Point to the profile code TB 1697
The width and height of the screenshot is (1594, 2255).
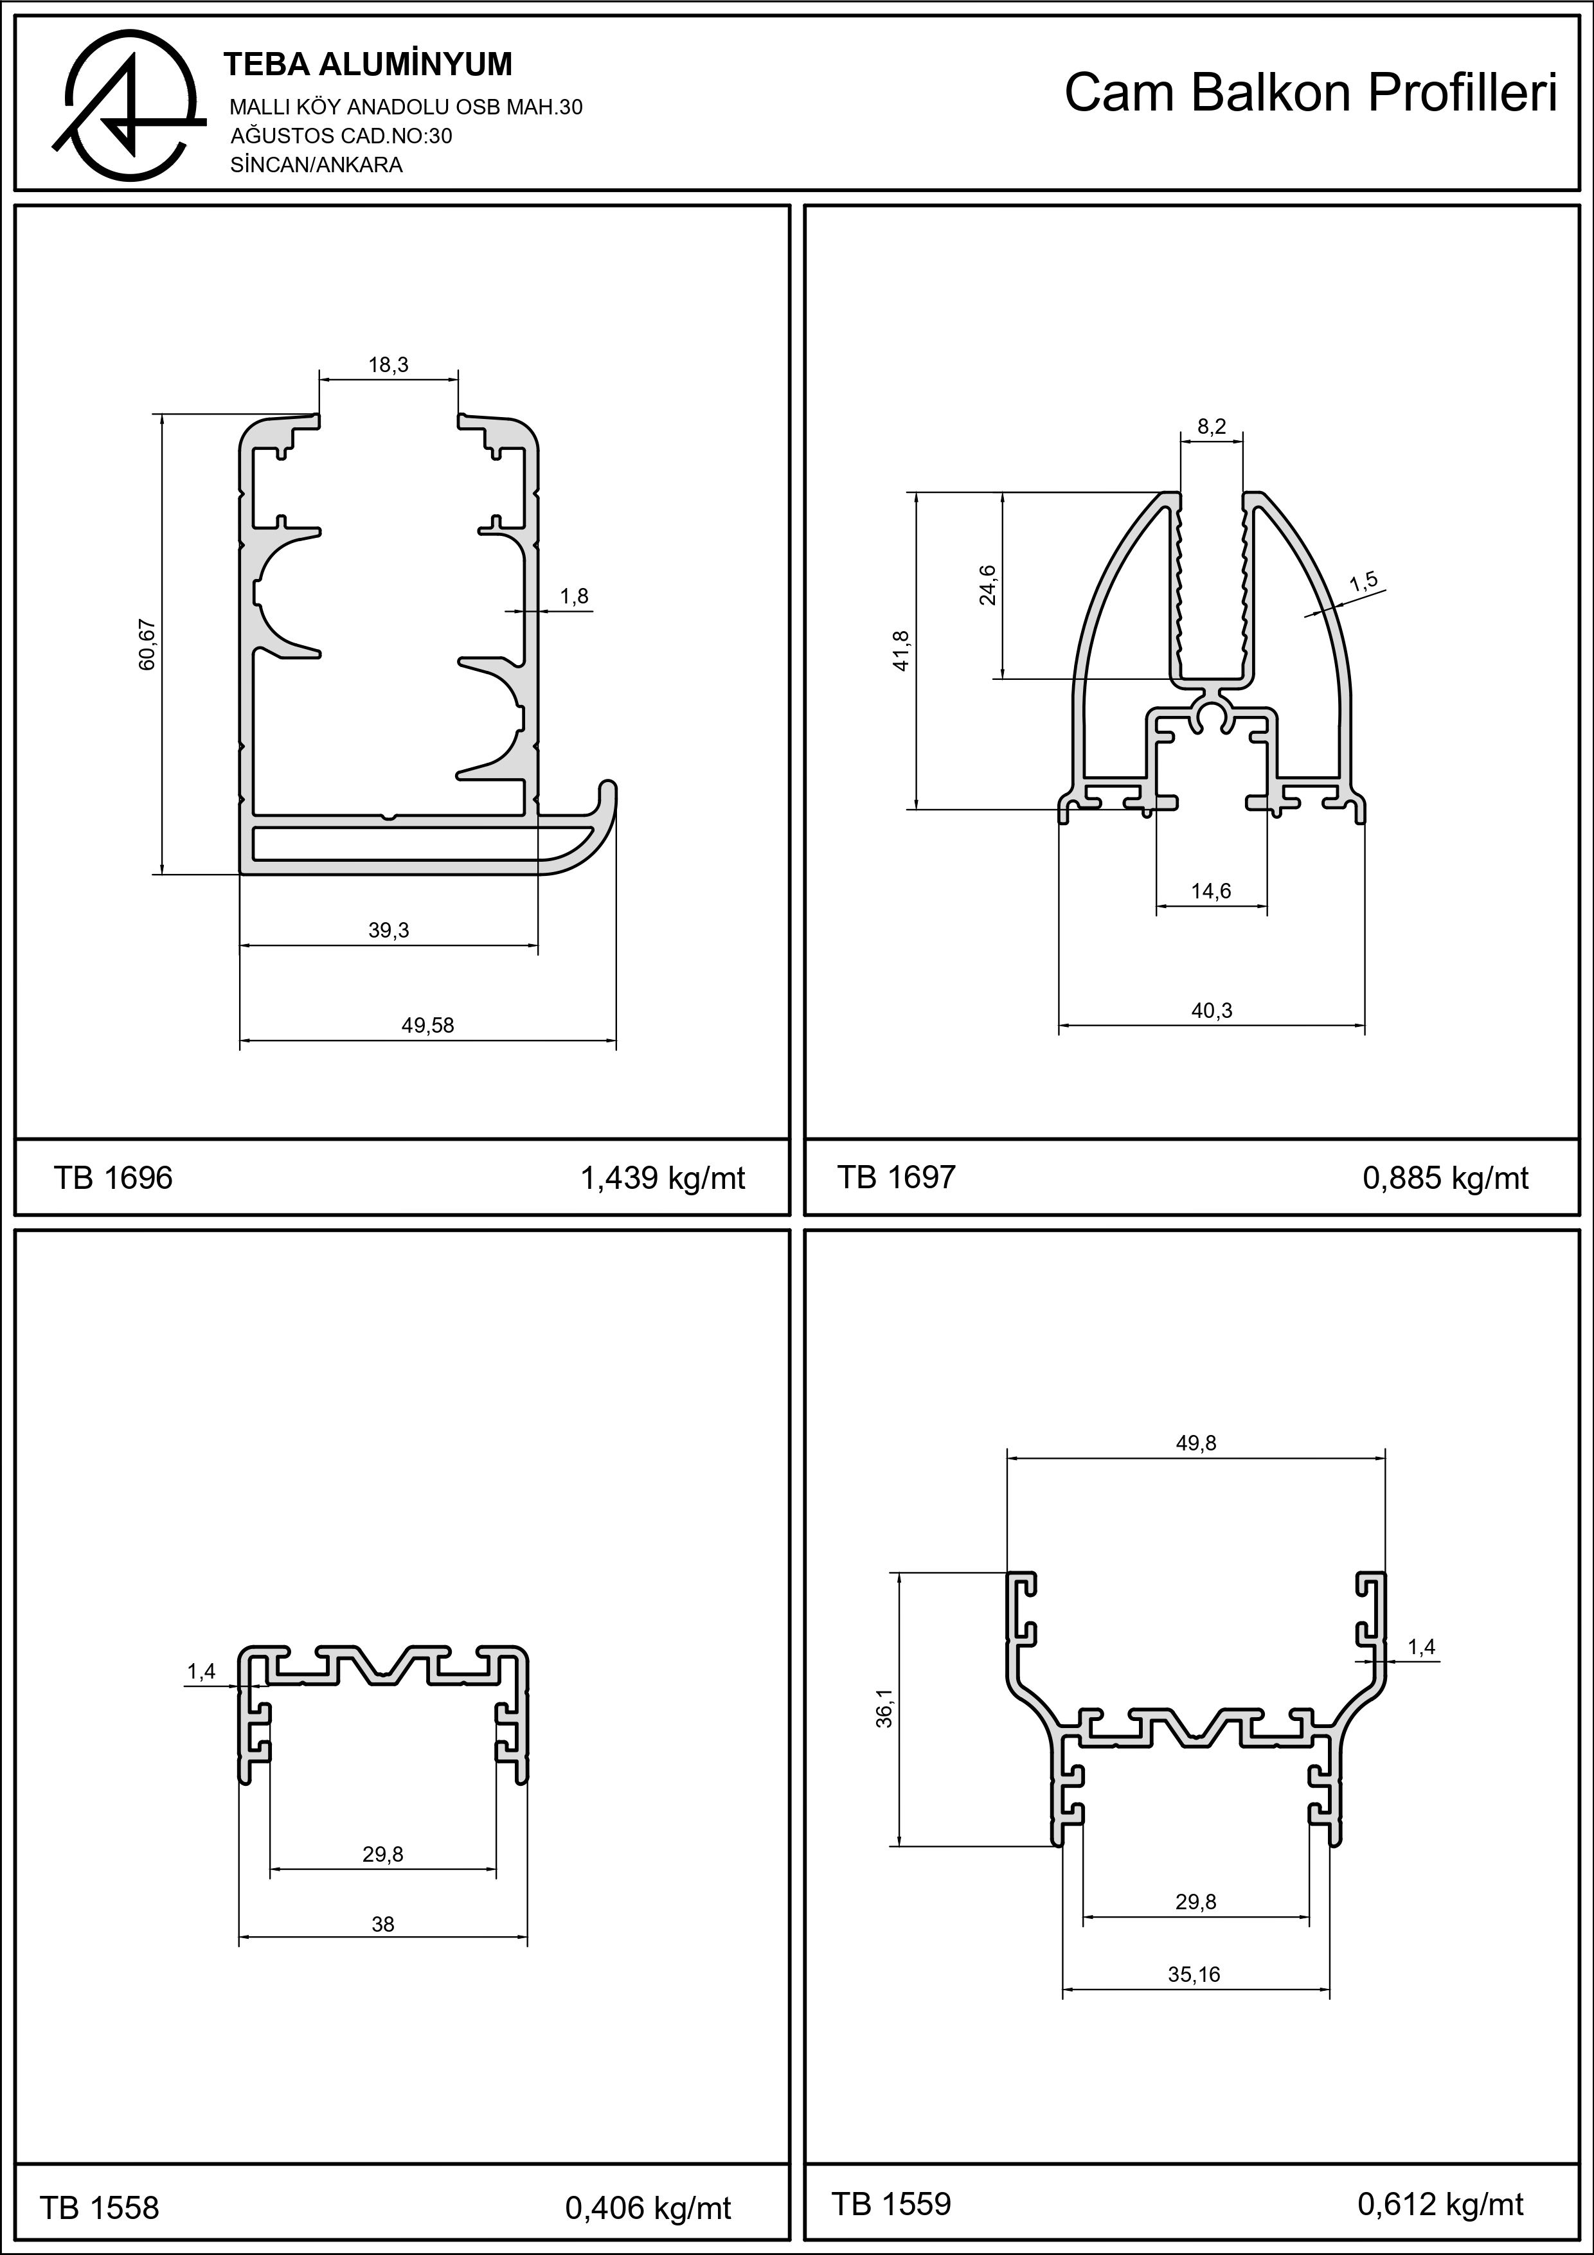(896, 1177)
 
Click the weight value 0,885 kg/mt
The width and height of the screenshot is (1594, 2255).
(1446, 1179)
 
